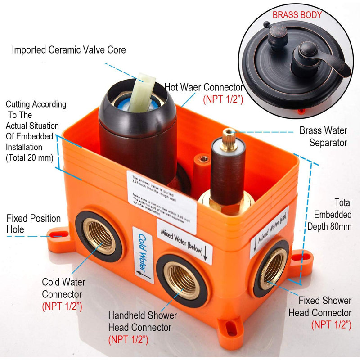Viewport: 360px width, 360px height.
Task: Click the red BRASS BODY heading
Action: click(x=297, y=15)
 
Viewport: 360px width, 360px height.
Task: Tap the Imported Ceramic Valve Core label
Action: click(x=69, y=49)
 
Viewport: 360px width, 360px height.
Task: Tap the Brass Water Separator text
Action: click(x=323, y=137)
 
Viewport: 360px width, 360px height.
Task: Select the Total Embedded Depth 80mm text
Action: click(x=333, y=215)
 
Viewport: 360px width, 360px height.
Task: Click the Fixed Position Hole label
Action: click(x=33, y=224)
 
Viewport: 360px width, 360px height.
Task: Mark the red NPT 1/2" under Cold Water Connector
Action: click(x=63, y=306)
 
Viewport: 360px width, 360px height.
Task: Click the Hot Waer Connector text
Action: click(x=203, y=87)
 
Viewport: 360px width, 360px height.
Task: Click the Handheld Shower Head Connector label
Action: click(x=143, y=321)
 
